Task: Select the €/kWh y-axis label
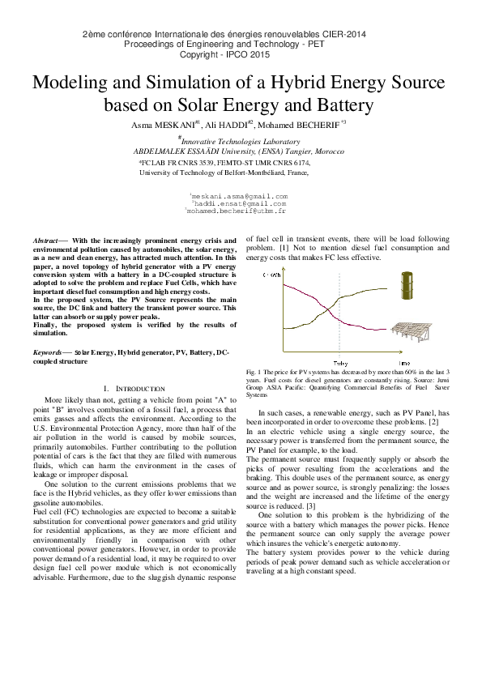tap(272, 275)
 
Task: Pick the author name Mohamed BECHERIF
tap(301, 126)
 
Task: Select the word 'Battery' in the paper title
tap(337, 105)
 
